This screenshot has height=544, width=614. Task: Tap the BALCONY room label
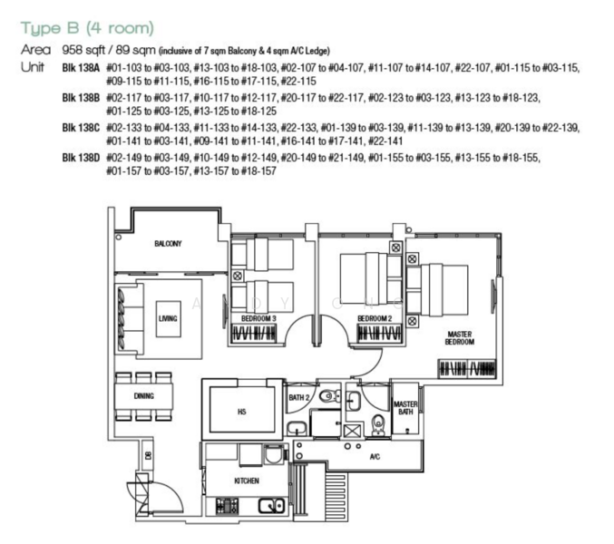(x=167, y=244)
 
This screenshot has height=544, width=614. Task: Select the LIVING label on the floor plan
(x=168, y=319)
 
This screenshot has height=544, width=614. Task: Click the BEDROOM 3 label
(x=258, y=319)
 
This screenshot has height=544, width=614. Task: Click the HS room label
(x=241, y=412)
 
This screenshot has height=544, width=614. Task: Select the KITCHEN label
(x=246, y=480)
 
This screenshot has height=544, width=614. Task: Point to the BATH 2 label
(x=299, y=397)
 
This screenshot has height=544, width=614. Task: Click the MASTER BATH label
(x=404, y=408)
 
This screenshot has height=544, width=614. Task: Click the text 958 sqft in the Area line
(x=83, y=51)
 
